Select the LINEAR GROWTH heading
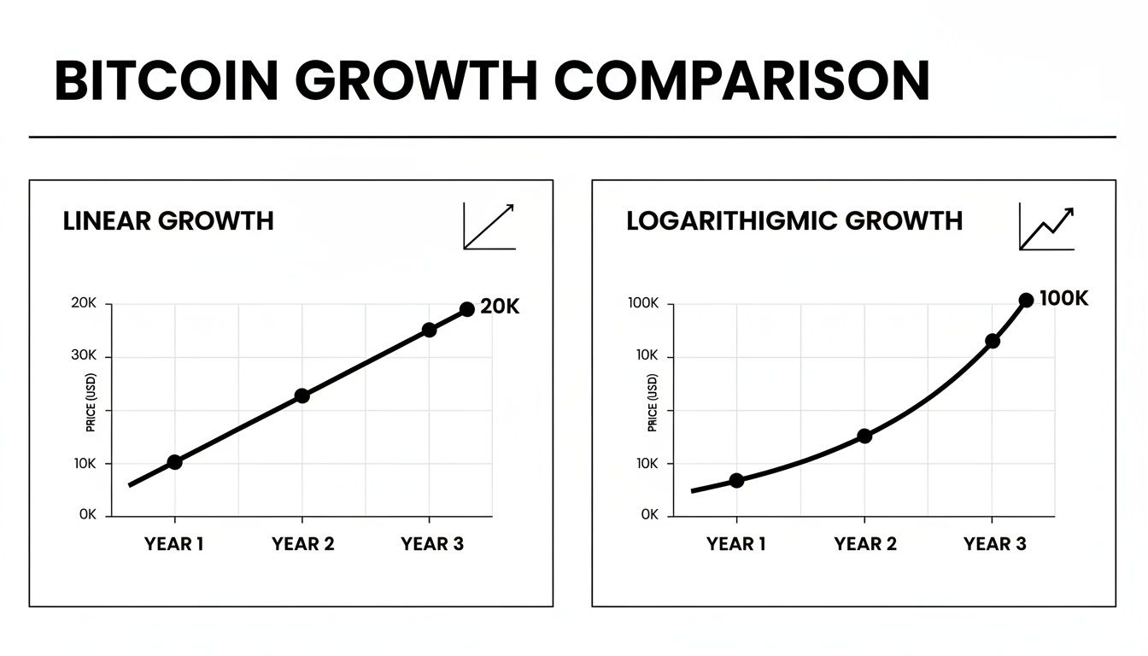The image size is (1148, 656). (168, 221)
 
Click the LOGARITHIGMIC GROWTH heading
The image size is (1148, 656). (794, 221)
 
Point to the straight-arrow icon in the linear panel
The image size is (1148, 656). (489, 226)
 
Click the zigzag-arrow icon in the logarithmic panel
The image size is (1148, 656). (1046, 227)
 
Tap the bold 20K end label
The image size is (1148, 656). (500, 307)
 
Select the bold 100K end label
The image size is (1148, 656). (1064, 298)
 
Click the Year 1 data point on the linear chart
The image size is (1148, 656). (174, 462)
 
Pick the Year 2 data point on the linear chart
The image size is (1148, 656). (302, 395)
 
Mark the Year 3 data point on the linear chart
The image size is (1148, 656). (429, 330)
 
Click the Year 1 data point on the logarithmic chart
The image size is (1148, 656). (736, 480)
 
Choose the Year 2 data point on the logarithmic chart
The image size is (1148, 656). (864, 436)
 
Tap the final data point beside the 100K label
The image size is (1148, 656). (1026, 300)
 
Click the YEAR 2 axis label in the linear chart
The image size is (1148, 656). (303, 544)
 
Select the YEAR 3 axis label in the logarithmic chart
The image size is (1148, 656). (994, 544)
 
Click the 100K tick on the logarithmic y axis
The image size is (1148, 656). (644, 304)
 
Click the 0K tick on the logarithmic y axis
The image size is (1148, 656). (649, 515)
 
